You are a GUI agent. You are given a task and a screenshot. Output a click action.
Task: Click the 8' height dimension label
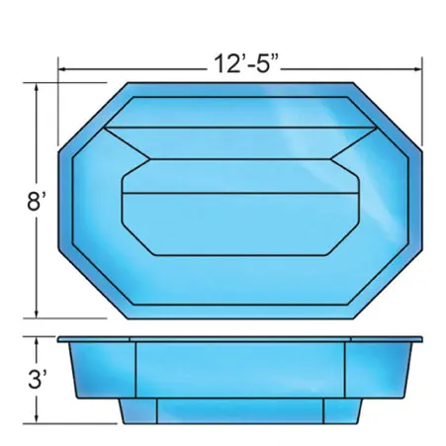[36, 202]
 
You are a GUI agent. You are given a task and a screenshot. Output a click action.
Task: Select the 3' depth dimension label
[37, 379]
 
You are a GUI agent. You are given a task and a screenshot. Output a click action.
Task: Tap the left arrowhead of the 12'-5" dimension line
[62, 69]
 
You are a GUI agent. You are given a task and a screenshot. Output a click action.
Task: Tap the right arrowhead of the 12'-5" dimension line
[418, 69]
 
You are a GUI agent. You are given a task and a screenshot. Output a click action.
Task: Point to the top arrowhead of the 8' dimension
[37, 86]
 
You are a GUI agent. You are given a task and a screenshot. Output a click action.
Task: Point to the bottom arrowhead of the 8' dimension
[37, 314]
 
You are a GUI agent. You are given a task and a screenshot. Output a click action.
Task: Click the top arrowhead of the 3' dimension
[37, 340]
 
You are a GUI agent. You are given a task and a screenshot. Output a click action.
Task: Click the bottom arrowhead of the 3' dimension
[37, 420]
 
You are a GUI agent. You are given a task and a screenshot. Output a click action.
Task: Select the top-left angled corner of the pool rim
[93, 118]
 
